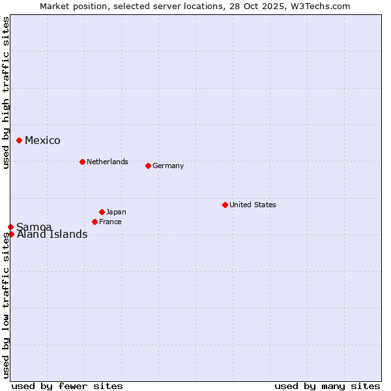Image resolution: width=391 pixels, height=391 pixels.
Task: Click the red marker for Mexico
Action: coord(20,140)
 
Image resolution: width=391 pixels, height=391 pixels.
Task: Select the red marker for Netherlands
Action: coord(82,162)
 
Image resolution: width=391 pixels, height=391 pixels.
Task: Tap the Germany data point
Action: coord(148,166)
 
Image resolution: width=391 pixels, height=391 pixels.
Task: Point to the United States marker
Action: coord(225,205)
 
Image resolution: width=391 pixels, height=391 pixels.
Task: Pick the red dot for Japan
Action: coord(102,212)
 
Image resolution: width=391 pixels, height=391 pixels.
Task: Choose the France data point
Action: coord(95,222)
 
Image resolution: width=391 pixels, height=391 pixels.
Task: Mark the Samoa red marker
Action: coord(10,227)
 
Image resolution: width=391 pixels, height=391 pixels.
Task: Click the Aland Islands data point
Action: coord(11,234)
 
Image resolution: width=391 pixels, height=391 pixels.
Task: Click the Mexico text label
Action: coord(42,141)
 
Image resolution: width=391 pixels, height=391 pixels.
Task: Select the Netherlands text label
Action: coord(108,162)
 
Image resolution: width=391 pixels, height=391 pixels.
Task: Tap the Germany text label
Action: coord(168,166)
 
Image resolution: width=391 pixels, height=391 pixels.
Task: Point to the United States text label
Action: coord(253,205)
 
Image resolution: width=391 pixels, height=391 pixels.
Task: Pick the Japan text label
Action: coord(116,212)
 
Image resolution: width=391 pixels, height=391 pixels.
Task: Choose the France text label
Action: coord(110,222)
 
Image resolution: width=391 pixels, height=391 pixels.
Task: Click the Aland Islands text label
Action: coord(52,235)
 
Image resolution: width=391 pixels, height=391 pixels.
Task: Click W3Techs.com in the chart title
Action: coord(320,6)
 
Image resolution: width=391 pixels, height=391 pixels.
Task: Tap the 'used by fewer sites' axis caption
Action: coord(67,386)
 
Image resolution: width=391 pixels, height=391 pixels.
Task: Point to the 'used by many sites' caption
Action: coord(327,386)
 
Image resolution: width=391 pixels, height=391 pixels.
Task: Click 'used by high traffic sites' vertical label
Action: coord(6,93)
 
